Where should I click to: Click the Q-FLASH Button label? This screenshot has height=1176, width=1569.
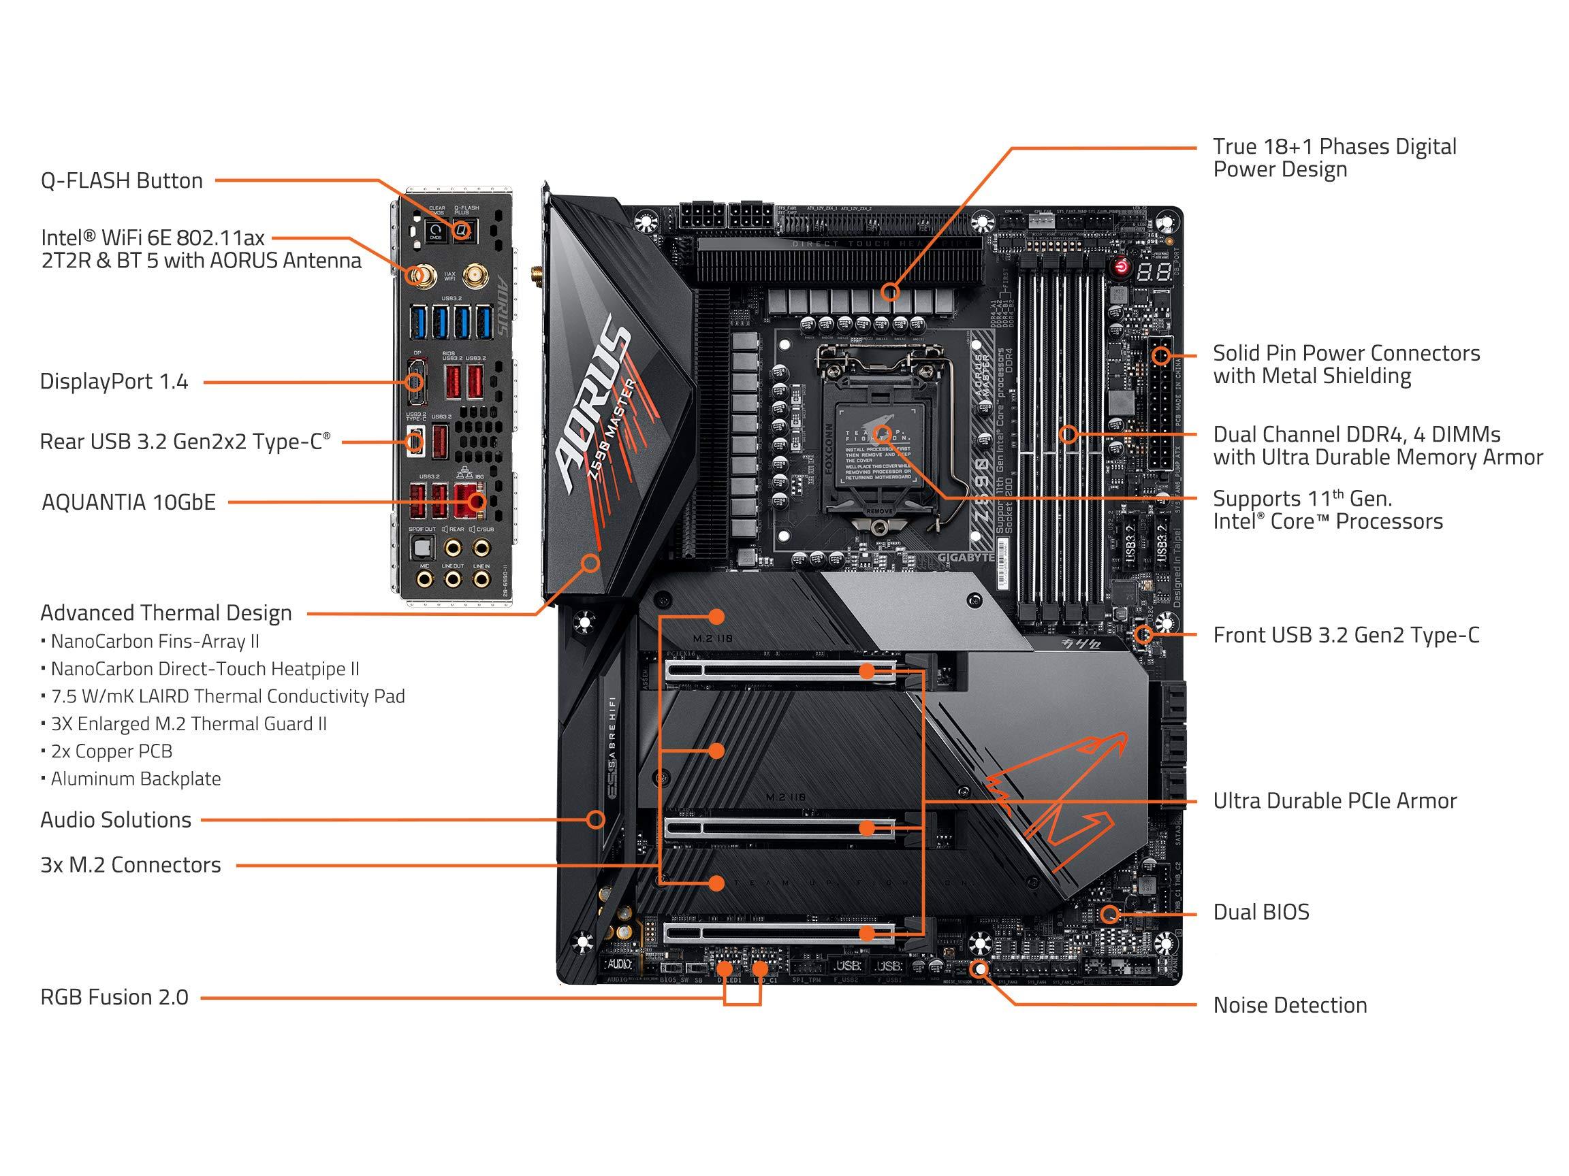point(122,181)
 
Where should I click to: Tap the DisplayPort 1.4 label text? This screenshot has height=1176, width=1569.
point(114,381)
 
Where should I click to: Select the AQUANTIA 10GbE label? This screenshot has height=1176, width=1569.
point(129,502)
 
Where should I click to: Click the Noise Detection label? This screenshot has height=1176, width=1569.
point(1290,1004)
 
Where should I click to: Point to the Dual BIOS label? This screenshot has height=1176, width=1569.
point(1261,911)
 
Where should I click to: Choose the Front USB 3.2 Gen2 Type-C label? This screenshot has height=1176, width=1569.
point(1346,634)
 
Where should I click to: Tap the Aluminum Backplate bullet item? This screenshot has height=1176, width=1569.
point(135,779)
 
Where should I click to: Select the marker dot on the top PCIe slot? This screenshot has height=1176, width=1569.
point(867,671)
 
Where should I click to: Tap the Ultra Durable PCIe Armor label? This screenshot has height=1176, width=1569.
point(1334,800)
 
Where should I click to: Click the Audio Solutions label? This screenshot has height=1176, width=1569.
point(116,819)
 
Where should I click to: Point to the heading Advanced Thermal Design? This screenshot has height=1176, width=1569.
point(166,612)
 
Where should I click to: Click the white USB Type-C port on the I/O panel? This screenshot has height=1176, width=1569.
point(415,441)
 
